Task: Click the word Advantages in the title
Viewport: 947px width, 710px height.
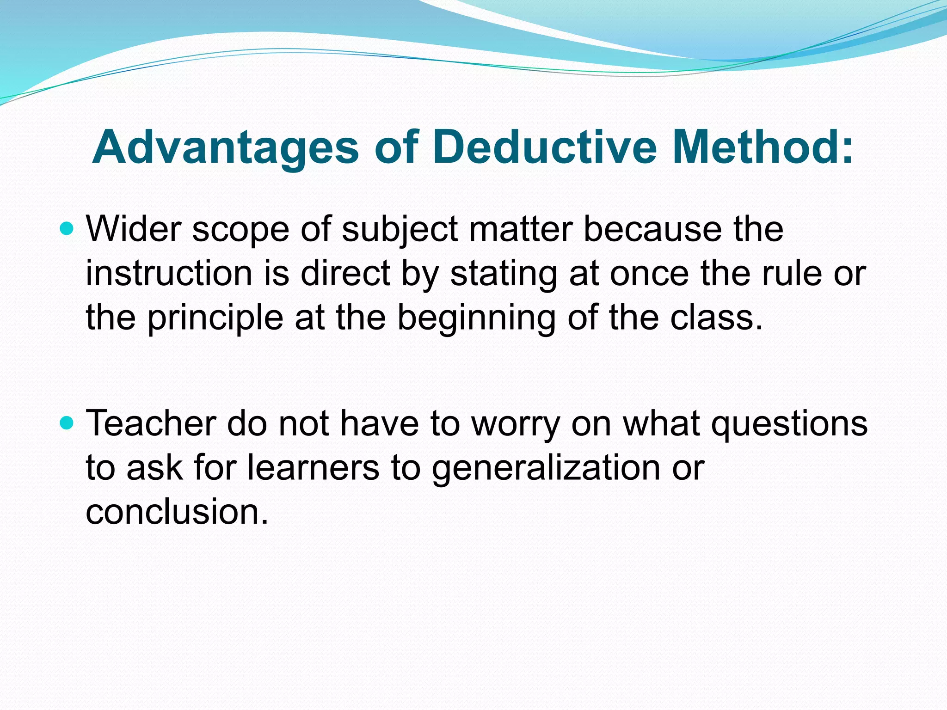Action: coord(225,147)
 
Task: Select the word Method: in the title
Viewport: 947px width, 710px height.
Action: coord(763,147)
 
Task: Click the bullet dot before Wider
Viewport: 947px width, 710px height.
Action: coord(68,228)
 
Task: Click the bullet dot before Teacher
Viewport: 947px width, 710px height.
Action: coord(68,422)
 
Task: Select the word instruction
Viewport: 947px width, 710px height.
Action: coord(169,273)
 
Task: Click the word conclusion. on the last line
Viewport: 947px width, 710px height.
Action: coord(177,512)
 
